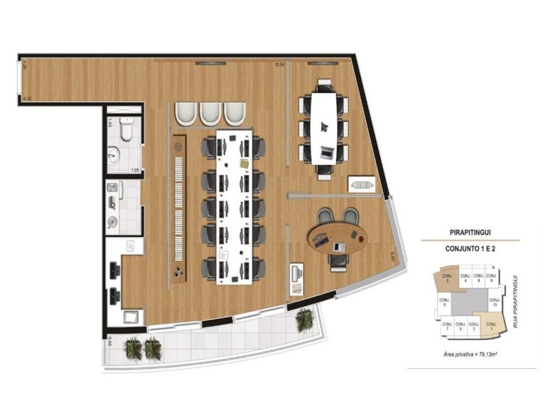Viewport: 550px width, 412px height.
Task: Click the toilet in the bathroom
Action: [126, 128]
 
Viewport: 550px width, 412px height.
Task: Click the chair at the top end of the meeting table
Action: [324, 86]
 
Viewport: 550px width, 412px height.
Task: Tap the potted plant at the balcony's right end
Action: [304, 320]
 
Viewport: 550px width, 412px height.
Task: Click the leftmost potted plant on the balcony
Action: [133, 349]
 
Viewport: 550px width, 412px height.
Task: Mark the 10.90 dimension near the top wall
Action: [279, 65]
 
